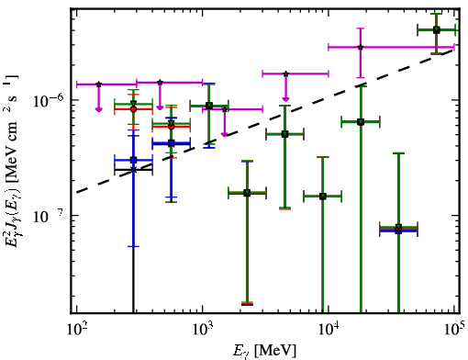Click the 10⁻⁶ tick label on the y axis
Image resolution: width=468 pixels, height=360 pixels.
click(x=48, y=101)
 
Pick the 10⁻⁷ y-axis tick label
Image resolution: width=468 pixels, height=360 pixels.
click(x=48, y=216)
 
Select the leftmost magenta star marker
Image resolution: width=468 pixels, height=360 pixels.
click(x=99, y=84)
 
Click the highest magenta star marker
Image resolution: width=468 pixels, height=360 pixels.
click(x=361, y=47)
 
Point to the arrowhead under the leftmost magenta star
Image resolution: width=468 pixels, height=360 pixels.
click(x=98, y=109)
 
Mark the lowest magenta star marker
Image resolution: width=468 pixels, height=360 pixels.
click(x=225, y=109)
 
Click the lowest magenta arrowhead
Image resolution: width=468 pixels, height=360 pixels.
click(x=225, y=135)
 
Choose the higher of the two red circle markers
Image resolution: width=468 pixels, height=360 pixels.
click(x=133, y=109)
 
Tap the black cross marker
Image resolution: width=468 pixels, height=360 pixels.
click(x=133, y=170)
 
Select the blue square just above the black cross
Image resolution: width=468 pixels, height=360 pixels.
click(x=133, y=160)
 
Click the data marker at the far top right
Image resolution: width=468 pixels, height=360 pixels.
click(x=437, y=30)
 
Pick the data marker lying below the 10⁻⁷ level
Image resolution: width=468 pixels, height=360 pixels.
click(x=398, y=229)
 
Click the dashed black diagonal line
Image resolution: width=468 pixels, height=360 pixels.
click(x=265, y=121)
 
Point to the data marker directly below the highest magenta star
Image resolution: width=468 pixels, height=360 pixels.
click(x=361, y=122)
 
